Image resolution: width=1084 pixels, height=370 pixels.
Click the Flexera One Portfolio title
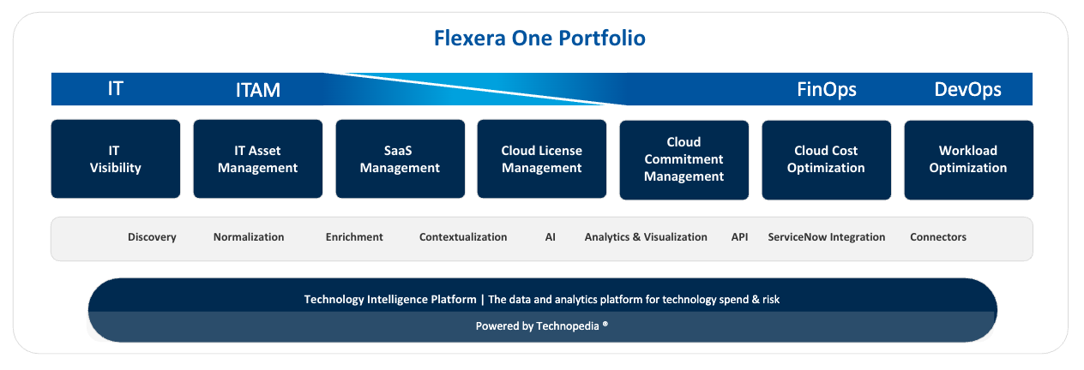[539, 39]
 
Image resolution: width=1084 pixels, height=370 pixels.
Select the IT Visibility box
[116, 159]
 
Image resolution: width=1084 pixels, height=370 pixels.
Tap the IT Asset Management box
[258, 159]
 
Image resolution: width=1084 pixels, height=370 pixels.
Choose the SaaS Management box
[400, 159]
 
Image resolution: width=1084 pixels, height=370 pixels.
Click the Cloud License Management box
[542, 159]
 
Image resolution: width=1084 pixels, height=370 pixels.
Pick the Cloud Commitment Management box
[684, 160]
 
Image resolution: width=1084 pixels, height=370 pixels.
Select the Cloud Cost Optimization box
[827, 160]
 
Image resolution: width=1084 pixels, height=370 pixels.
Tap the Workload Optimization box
[969, 160]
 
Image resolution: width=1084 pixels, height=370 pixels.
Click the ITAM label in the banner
[258, 90]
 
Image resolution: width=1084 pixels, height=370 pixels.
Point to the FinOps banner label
[827, 89]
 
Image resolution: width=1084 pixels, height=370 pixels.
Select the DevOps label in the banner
[968, 89]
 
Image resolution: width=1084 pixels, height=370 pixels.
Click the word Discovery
[152, 237]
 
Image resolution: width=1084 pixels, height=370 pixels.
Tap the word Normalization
[249, 237]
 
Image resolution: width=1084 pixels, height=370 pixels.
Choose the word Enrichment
[354, 237]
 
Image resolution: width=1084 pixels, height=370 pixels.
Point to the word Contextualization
[463, 237]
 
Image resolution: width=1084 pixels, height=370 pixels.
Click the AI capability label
[551, 237]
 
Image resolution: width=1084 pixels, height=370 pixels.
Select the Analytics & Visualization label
[646, 237]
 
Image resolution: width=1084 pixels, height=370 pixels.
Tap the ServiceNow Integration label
[827, 237]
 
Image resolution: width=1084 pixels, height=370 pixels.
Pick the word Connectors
[938, 237]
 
